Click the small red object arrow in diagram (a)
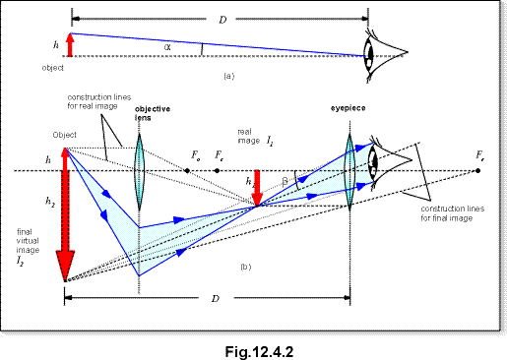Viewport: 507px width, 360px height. coord(70,45)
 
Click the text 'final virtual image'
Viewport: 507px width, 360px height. coord(28,245)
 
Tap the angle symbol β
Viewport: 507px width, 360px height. coord(285,179)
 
